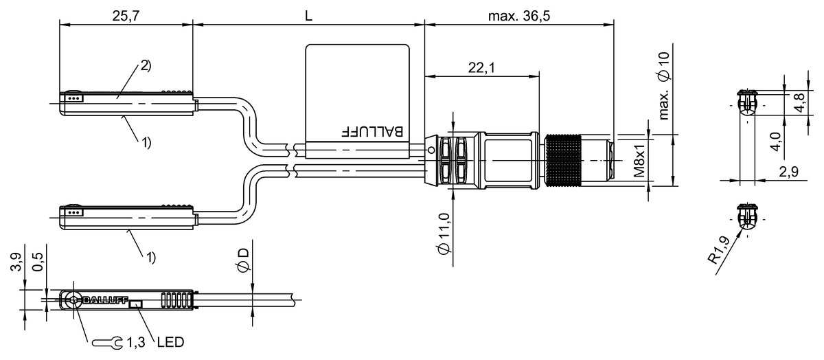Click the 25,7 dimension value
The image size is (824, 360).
point(126,16)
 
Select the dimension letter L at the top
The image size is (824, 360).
point(308,16)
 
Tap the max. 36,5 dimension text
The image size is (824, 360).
point(519,16)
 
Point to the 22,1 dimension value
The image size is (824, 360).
point(481,68)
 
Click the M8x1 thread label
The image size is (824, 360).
point(640,160)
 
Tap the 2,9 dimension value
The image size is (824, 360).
point(789,172)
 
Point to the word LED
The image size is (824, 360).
point(170,342)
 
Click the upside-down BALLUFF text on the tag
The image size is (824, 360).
point(372,132)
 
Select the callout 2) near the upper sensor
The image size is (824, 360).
point(146,65)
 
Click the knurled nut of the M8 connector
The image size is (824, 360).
point(563,161)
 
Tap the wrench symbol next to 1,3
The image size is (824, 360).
point(107,343)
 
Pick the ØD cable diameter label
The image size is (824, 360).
point(243,260)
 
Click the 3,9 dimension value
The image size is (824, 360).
point(16,262)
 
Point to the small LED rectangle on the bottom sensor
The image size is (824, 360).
point(136,304)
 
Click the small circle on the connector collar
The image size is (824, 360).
point(431,150)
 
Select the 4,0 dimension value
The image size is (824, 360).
point(775,142)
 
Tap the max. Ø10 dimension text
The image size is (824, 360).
point(664,86)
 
